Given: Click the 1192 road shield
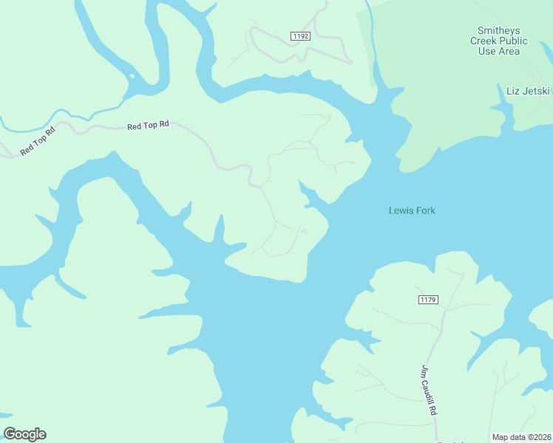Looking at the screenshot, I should pyautogui.click(x=300, y=35).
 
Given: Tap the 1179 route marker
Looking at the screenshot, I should pyautogui.click(x=428, y=299).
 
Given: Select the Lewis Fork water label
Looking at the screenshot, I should pyautogui.click(x=412, y=210).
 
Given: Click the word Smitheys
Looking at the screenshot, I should pyautogui.click(x=499, y=30).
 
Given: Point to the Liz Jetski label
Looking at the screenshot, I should pyautogui.click(x=528, y=91).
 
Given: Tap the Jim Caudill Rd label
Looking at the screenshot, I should pyautogui.click(x=428, y=391).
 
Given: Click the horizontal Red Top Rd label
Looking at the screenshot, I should pyautogui.click(x=148, y=126).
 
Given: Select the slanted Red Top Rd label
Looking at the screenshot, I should pyautogui.click(x=38, y=142).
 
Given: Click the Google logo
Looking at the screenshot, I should pyautogui.click(x=24, y=434).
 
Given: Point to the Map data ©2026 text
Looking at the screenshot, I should pyautogui.click(x=522, y=437).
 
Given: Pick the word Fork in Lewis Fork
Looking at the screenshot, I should pyautogui.click(x=424, y=210).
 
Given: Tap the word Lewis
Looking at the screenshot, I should pyautogui.click(x=401, y=210).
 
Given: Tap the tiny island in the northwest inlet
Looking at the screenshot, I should pyautogui.click(x=132, y=75).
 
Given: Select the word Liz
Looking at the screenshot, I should pyautogui.click(x=512, y=91).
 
